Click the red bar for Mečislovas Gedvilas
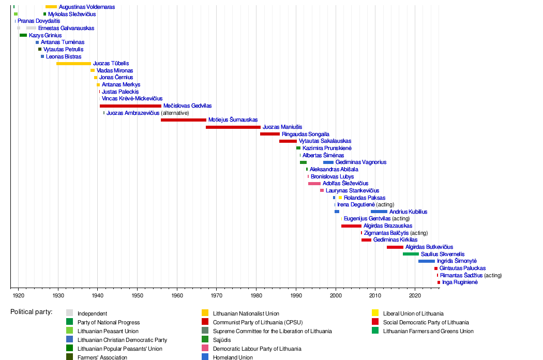130,106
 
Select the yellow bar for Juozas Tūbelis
73,63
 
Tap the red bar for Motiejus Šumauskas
183,120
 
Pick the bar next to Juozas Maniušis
233,127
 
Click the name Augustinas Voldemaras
87,7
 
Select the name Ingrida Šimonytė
457,261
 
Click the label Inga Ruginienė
460,282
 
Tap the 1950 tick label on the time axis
137,295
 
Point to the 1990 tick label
296,295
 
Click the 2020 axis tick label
415,295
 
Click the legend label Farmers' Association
102,357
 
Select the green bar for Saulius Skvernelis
411,254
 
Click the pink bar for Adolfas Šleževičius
314,183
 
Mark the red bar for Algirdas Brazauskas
351,226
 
